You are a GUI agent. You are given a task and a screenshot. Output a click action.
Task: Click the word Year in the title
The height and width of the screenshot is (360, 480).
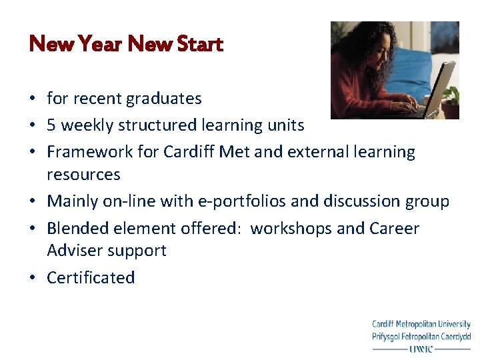pos(99,45)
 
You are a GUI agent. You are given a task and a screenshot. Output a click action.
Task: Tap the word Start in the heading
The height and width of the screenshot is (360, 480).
pos(198,45)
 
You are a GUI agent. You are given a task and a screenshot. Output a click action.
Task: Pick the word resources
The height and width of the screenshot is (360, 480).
pos(83,175)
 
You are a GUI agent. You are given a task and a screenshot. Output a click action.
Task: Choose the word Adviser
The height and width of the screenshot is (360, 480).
pos(71,251)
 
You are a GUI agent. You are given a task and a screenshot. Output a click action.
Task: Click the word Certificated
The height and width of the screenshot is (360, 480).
pos(91,277)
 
